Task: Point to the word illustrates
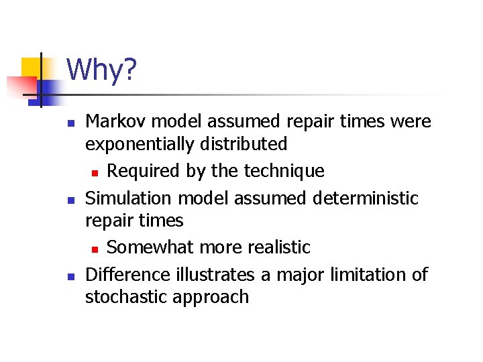click(x=216, y=274)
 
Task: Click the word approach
click(x=211, y=298)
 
